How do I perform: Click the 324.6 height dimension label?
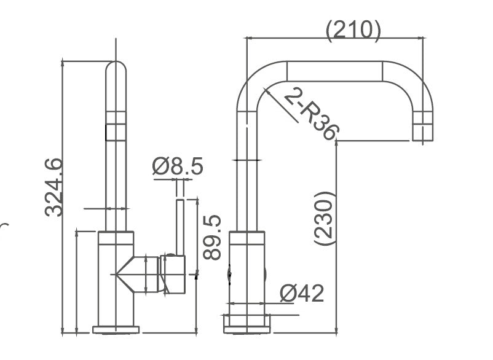click(53, 187)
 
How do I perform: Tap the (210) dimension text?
click(353, 31)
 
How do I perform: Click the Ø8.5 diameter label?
click(178, 166)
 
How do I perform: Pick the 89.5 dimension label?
click(211, 238)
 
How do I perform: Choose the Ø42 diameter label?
click(302, 294)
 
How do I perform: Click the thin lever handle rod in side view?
click(180, 227)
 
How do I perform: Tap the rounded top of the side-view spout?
click(116, 68)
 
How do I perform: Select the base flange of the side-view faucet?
click(116, 329)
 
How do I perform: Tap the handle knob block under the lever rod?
click(173, 275)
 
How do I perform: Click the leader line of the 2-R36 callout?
click(281, 105)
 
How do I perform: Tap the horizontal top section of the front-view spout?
click(335, 71)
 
